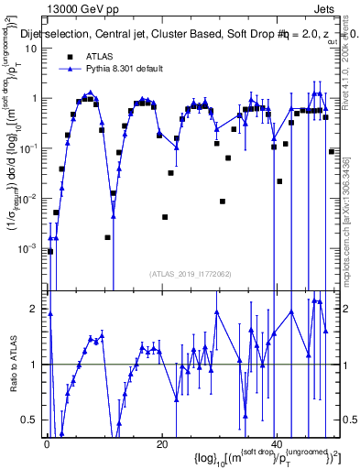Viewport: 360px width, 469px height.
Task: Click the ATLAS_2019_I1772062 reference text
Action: pos(192,274)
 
